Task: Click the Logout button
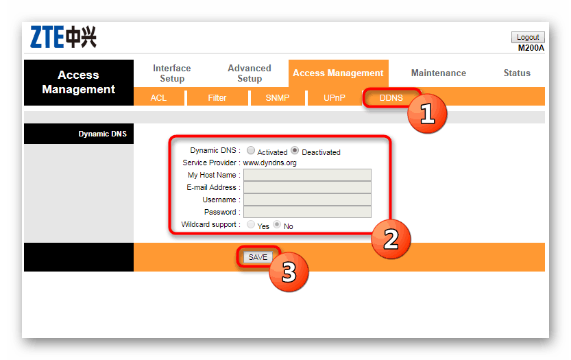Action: [x=528, y=37]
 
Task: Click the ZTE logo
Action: [x=63, y=37]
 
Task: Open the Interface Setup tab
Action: [x=172, y=73]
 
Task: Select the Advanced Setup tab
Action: [x=250, y=73]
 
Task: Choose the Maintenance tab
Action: [x=439, y=73]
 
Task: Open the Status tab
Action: [x=517, y=73]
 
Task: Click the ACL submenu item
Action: [x=158, y=97]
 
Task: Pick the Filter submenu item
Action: [x=217, y=97]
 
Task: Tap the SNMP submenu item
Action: [x=278, y=97]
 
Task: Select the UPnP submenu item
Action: [x=335, y=97]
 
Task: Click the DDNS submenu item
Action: [x=391, y=97]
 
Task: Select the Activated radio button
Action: [x=251, y=150]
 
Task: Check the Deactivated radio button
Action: [x=295, y=150]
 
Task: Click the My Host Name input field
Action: [x=307, y=175]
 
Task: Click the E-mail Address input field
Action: [x=307, y=187]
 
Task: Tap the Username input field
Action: [x=307, y=200]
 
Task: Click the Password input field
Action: [x=307, y=212]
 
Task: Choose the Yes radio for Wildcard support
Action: [x=251, y=224]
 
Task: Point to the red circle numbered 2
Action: [x=391, y=239]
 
